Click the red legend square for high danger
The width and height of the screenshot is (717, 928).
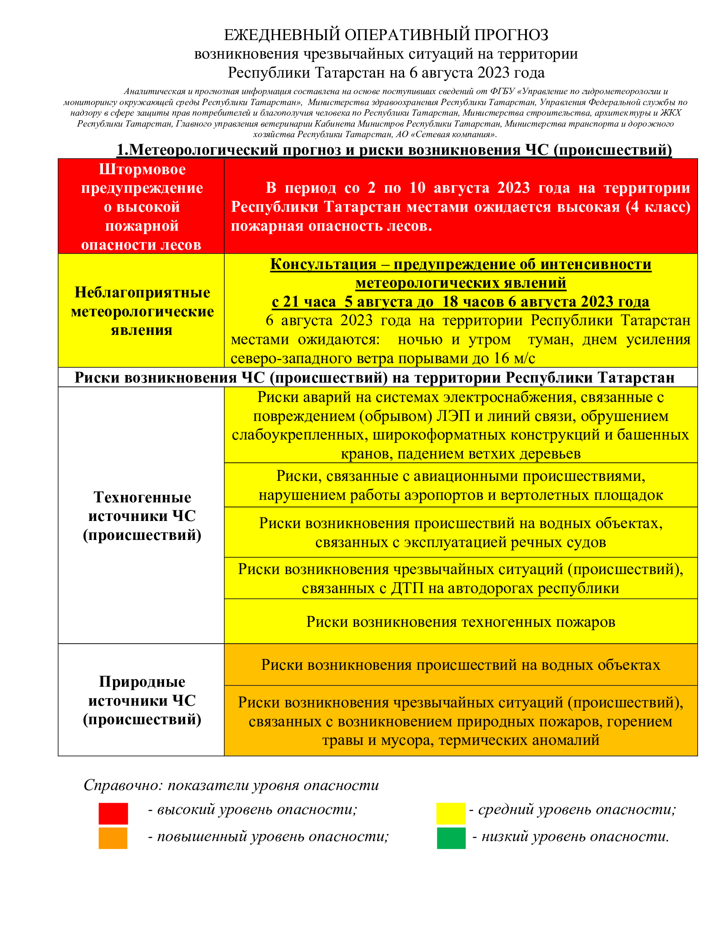(x=113, y=813)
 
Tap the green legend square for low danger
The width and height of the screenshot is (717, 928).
(x=451, y=838)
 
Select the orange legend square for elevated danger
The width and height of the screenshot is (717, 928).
(x=113, y=838)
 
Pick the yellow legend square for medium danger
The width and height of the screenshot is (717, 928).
(x=451, y=813)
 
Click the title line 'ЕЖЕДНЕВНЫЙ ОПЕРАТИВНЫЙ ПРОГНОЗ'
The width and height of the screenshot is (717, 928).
(x=385, y=35)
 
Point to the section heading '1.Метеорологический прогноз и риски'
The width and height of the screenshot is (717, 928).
(x=394, y=150)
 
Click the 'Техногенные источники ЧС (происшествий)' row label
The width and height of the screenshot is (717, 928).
(x=142, y=516)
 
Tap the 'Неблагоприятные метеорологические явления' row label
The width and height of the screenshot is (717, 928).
(x=142, y=311)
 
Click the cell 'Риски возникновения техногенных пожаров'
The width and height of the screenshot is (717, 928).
(x=461, y=622)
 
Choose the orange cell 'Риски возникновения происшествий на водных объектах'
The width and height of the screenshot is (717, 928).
(x=461, y=664)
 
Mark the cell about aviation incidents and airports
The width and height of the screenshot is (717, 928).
(x=461, y=485)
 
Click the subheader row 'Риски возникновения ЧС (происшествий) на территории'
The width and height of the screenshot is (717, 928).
(x=374, y=378)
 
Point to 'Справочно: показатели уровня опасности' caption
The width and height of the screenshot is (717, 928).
(x=231, y=785)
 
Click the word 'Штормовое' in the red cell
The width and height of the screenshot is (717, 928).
(x=142, y=169)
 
